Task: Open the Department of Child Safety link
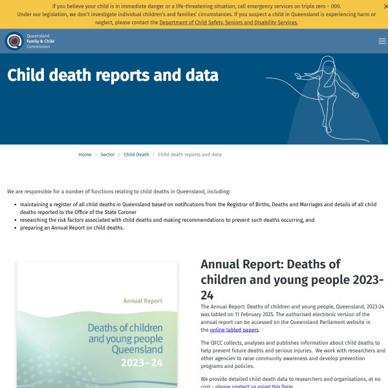228,23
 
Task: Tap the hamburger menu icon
382,41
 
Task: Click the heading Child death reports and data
113,75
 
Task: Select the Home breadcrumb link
85,155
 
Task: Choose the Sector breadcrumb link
107,155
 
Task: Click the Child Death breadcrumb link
136,155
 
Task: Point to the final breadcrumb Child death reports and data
189,155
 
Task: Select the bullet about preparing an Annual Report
71,228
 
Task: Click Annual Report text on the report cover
142,301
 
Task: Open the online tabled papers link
234,330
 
